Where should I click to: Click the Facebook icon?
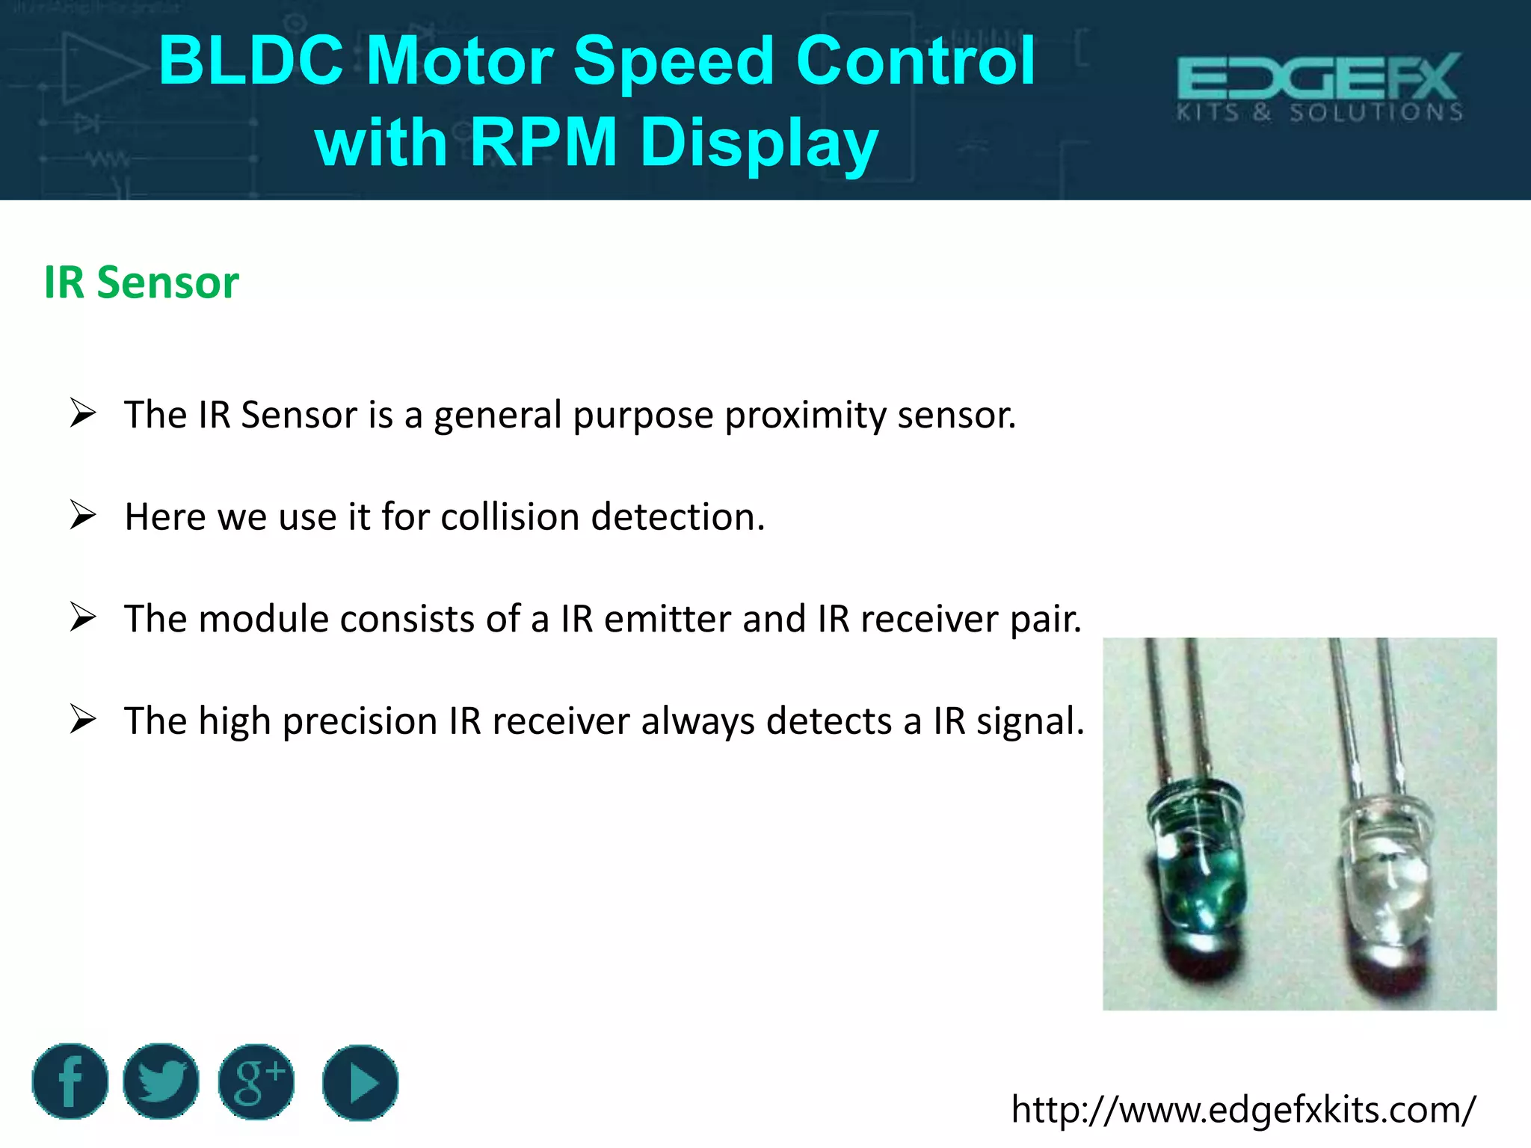[x=70, y=1081]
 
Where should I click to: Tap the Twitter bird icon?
[x=161, y=1081]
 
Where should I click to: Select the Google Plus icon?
[x=256, y=1081]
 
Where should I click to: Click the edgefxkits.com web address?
[x=1243, y=1109]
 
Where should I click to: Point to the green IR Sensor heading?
[x=141, y=283]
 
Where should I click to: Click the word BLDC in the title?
[x=251, y=61]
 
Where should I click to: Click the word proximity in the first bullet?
[x=805, y=415]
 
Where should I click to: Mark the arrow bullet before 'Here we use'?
[x=83, y=515]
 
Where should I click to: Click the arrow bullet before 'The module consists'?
[x=83, y=617]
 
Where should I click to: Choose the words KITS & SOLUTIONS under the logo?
[x=1319, y=113]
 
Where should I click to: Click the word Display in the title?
[x=759, y=142]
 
